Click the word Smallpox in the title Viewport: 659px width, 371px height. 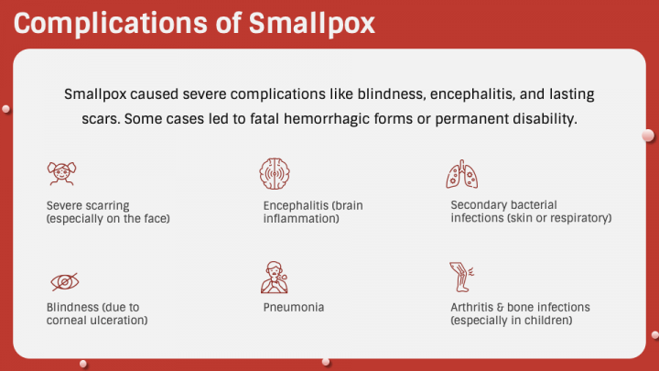[x=312, y=23]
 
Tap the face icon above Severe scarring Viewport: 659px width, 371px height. [x=62, y=173]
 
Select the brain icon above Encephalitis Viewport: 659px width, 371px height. [x=275, y=173]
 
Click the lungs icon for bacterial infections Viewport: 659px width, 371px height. [x=461, y=173]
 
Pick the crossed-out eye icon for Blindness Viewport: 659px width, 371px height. [x=62, y=280]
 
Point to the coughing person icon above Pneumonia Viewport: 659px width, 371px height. [x=275, y=276]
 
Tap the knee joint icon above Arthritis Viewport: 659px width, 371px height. [x=461, y=276]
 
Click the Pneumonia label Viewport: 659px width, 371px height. [x=293, y=307]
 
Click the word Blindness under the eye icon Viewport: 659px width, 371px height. [x=74, y=307]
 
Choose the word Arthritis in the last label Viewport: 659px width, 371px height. [x=474, y=307]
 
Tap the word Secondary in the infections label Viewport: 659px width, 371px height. [x=481, y=205]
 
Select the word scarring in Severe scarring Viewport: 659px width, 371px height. [x=108, y=205]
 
